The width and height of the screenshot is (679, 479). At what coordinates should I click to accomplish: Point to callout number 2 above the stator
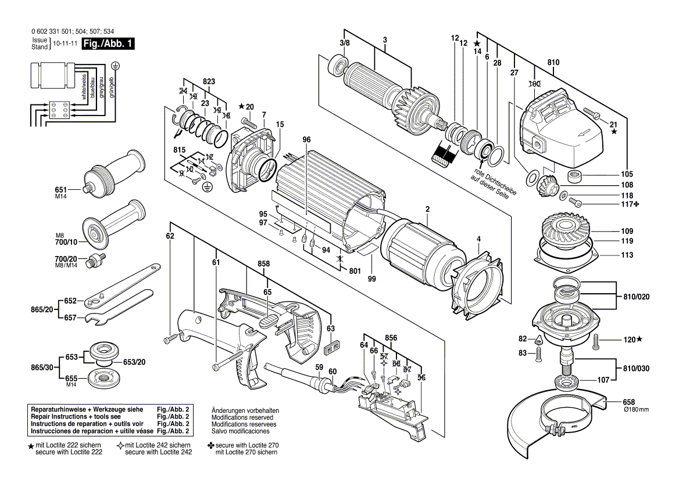(427, 209)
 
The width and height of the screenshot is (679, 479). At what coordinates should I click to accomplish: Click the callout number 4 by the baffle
(478, 238)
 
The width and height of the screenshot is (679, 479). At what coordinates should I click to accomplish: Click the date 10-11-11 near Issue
(65, 44)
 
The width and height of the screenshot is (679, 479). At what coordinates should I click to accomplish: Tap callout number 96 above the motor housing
(307, 139)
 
